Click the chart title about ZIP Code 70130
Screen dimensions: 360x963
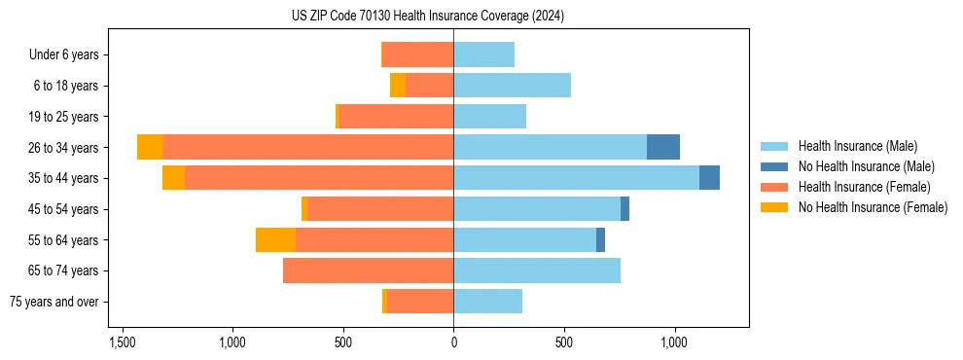click(427, 17)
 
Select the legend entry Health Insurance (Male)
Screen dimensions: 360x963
click(856, 146)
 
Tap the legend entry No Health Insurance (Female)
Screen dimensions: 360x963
click(873, 207)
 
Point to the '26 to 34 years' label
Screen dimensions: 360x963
click(64, 148)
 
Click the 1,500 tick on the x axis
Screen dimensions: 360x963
click(122, 342)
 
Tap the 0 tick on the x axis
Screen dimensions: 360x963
click(453, 342)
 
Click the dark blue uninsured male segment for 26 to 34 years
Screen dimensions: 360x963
click(663, 147)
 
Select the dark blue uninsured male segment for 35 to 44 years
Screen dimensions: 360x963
click(709, 178)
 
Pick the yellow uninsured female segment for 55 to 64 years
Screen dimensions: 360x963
click(275, 239)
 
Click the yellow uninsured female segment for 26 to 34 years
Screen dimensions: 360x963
click(150, 147)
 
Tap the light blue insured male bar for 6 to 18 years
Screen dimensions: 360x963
click(512, 86)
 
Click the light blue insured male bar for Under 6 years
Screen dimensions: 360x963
click(483, 54)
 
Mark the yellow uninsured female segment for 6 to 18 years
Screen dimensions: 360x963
click(398, 86)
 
